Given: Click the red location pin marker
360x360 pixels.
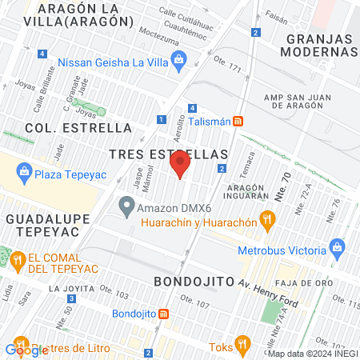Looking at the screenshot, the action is click(x=180, y=166).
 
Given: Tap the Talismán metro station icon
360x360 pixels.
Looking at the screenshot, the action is click(x=238, y=122).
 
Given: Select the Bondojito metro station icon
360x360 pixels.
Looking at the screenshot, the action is click(x=163, y=314).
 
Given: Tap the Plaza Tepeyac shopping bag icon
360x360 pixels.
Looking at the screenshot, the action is click(x=25, y=170).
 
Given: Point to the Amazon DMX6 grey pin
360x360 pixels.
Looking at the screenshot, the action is click(x=126, y=206).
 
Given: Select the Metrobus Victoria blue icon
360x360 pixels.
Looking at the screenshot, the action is click(x=341, y=246).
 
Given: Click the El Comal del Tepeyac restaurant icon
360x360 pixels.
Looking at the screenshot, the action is click(x=17, y=258).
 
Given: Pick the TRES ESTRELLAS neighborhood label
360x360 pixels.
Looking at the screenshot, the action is click(x=169, y=153).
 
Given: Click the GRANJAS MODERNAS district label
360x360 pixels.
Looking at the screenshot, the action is click(x=319, y=46).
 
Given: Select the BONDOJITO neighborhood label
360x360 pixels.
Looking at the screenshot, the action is click(x=192, y=282).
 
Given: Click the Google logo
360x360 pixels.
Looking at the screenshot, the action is click(x=26, y=349).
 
